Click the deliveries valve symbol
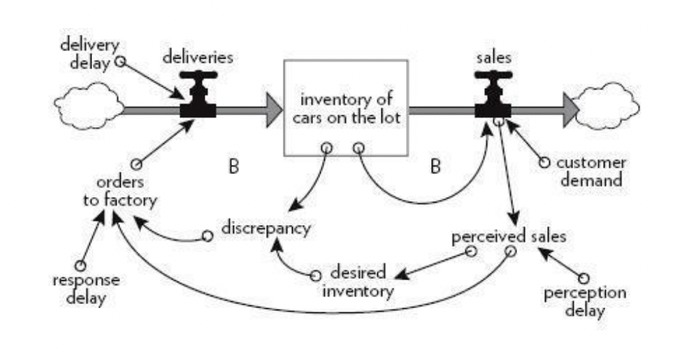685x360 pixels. (198, 99)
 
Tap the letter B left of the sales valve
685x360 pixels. (435, 166)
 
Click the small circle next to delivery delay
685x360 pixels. (120, 61)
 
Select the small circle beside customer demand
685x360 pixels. (544, 162)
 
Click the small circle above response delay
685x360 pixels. (81, 265)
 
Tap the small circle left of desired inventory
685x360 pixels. (315, 275)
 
